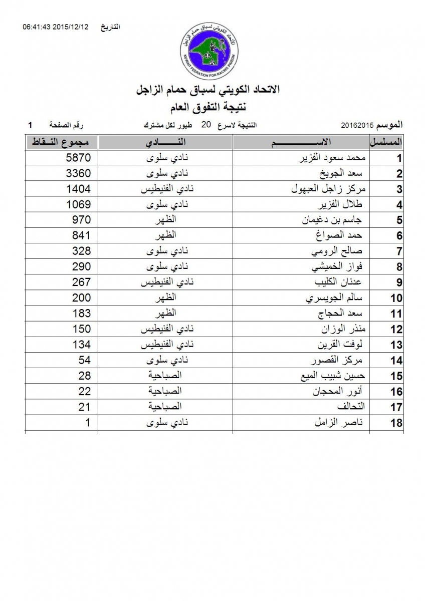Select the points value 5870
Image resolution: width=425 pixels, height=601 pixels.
(79, 159)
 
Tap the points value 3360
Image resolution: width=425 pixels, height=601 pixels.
(79, 174)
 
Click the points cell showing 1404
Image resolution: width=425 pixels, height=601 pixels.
(79, 189)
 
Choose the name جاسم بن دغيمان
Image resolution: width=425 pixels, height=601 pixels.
(336, 220)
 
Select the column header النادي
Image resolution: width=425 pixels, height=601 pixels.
(165, 142)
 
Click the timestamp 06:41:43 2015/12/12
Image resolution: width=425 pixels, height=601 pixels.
(55, 27)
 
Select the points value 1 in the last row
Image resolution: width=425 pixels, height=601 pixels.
(88, 423)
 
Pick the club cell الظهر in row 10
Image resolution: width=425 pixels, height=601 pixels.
(165, 298)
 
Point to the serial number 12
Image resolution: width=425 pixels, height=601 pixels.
(396, 330)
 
